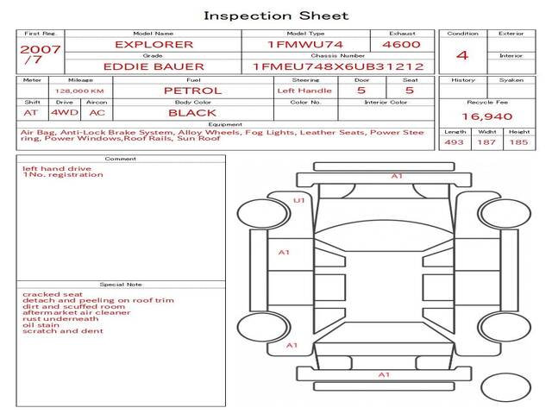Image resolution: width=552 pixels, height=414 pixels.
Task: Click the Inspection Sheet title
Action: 275,16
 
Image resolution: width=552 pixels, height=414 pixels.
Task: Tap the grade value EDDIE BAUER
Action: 154,66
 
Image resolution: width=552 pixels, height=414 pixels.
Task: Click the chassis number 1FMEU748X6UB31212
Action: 338,66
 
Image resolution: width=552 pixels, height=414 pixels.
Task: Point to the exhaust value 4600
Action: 401,44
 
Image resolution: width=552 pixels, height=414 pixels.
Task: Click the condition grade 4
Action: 462,55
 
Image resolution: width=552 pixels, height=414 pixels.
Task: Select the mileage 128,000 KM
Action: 79,90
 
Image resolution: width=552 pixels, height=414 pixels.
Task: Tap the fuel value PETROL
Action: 192,90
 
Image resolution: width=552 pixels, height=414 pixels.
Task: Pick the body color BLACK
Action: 192,112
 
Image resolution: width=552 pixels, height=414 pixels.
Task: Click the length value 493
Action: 454,142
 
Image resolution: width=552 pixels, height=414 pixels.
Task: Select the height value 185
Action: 518,142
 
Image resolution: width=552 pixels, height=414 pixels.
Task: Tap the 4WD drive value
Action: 62,112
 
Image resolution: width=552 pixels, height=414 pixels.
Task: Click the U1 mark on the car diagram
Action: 299,200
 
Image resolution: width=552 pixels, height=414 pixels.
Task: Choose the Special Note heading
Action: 121,284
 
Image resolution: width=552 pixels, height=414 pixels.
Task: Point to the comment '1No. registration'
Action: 63,175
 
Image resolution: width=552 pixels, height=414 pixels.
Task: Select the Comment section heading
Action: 121,159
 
